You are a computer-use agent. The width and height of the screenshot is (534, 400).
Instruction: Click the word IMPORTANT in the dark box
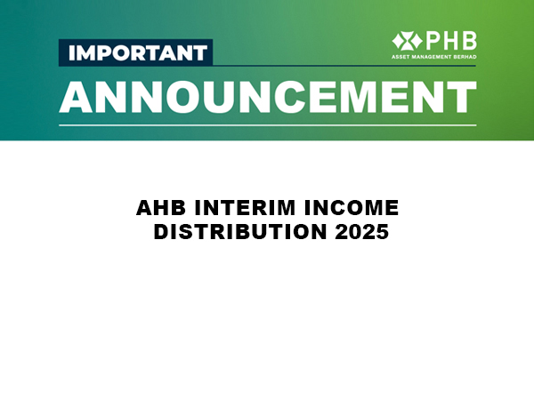coord(138,52)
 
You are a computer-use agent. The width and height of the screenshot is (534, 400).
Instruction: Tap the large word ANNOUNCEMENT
coord(268,97)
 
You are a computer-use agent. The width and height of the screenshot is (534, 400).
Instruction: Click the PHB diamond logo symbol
coord(407,41)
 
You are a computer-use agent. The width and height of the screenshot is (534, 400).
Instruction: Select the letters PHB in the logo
coord(451,41)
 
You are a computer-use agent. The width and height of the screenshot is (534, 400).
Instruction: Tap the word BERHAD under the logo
coord(465,57)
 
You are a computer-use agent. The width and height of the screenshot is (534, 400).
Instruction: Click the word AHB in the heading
coord(161,208)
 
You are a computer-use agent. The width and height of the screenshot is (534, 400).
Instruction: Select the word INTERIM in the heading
coord(245,208)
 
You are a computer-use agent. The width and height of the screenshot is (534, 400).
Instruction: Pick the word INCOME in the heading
coord(352,208)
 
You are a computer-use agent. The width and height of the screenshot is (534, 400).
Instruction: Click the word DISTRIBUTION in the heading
coord(240,232)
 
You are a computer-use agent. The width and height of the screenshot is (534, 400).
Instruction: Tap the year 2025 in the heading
coord(361,232)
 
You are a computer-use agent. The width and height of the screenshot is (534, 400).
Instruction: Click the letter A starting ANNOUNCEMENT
coord(76,97)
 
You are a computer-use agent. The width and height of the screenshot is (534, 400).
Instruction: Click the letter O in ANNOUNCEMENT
coord(183,97)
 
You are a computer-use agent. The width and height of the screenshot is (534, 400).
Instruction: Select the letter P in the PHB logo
coord(432,41)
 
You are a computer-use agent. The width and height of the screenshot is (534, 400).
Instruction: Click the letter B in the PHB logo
coord(470,41)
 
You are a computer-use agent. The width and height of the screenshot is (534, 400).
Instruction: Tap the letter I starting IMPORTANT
coord(71,52)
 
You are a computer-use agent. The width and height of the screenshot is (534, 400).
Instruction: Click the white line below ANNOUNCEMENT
coord(268,125)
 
